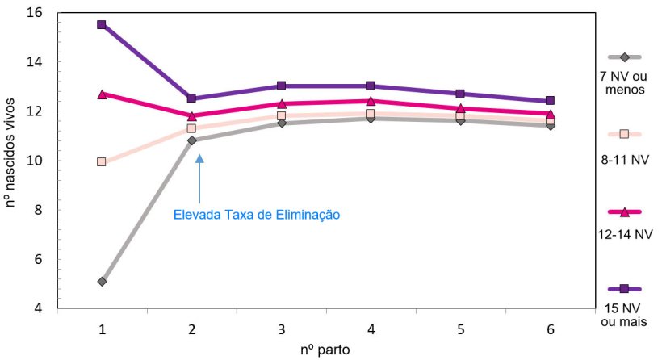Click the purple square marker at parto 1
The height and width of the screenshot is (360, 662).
tap(102, 25)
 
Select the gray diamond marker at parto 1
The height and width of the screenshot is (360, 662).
tap(102, 282)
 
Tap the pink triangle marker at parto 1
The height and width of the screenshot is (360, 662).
tap(102, 94)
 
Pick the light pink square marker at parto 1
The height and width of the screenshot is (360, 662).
tap(102, 162)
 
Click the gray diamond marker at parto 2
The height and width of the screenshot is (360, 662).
tap(191, 140)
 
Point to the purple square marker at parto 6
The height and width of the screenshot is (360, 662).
tap(550, 101)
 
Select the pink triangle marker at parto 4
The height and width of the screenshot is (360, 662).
tap(371, 101)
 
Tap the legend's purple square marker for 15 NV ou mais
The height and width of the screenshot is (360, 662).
tap(624, 289)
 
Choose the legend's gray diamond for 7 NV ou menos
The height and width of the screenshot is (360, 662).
tap(624, 57)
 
